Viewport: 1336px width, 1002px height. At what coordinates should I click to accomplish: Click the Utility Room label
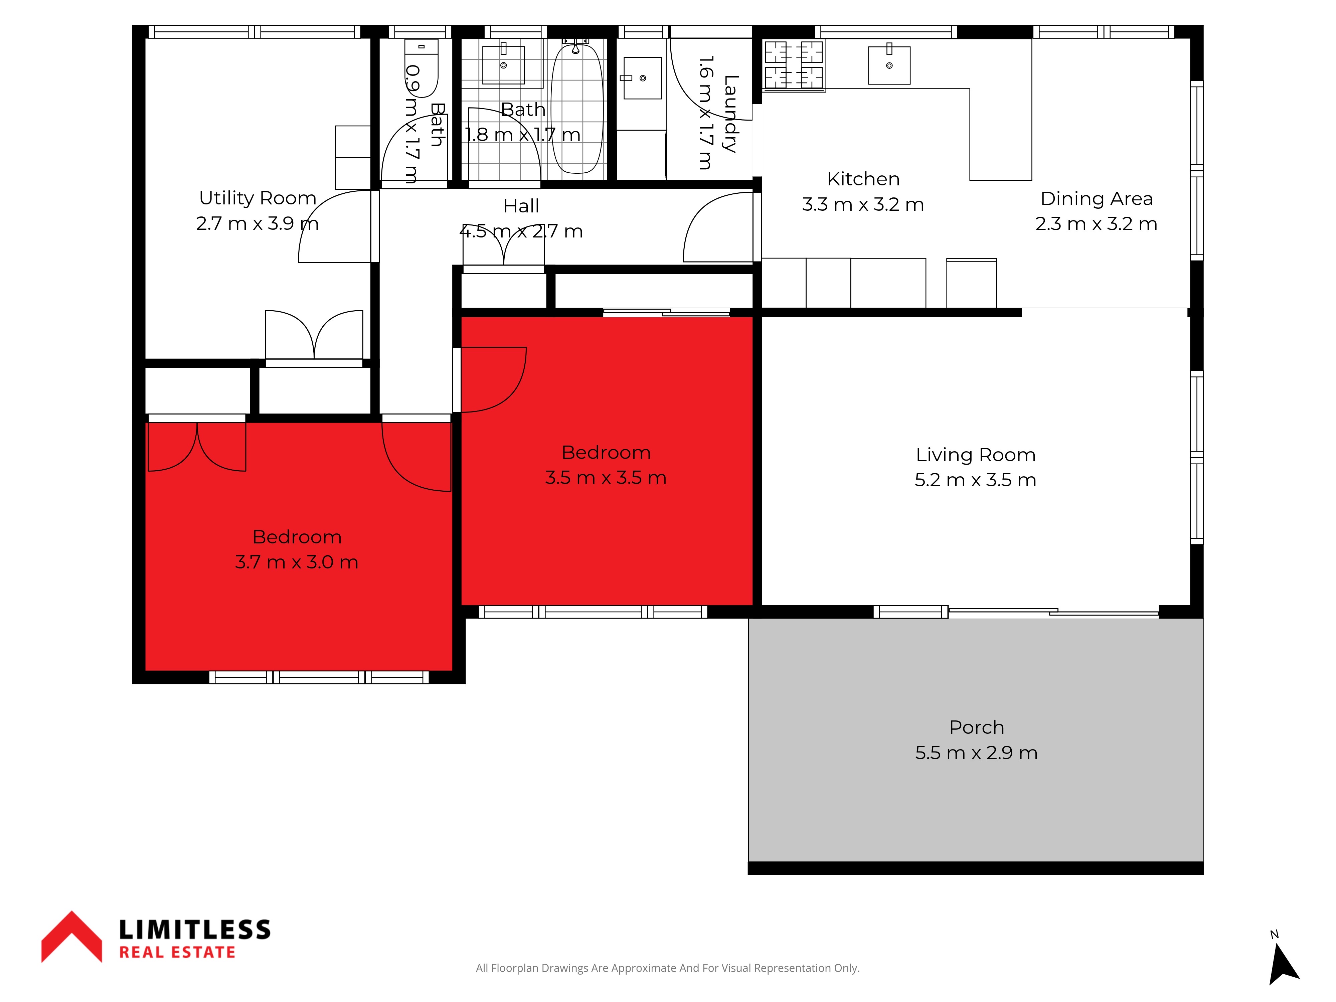coord(258,198)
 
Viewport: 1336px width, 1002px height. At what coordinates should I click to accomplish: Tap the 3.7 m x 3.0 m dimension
coord(297,562)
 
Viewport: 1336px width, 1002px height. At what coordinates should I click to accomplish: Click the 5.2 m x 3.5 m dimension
coord(975,480)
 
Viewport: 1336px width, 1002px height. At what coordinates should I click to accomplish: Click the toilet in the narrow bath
coord(421,68)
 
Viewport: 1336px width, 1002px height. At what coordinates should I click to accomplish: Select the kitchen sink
coord(889,64)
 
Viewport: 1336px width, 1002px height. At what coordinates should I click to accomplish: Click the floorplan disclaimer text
coord(667,968)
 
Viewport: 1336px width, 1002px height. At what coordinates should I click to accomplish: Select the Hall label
coord(521,206)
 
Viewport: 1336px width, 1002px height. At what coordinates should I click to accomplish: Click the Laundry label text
coord(731,114)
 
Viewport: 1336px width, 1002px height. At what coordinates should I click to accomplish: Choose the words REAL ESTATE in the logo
coord(177,953)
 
